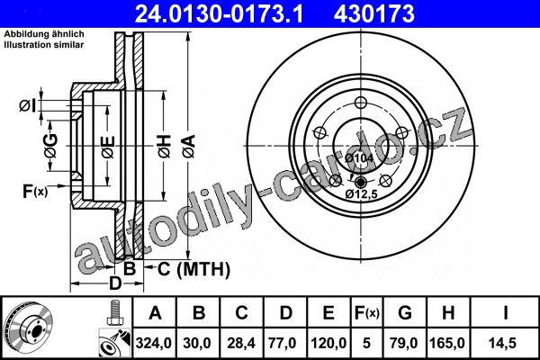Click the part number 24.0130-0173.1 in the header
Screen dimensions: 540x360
(x=219, y=14)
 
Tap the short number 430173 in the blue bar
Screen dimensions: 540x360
(x=374, y=14)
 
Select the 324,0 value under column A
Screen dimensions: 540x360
(x=154, y=343)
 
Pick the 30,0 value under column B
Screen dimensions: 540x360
(x=197, y=343)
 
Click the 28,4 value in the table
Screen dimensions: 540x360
(x=241, y=343)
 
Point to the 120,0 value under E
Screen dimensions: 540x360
(x=328, y=343)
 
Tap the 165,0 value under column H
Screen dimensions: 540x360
(x=447, y=343)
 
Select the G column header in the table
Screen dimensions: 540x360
(x=405, y=313)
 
